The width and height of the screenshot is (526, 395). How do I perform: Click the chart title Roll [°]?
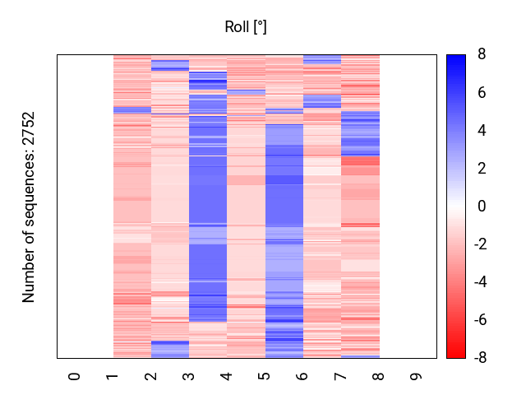[246, 27]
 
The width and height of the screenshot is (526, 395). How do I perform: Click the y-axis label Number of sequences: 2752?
[30, 207]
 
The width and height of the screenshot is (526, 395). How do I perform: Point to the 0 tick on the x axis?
[75, 376]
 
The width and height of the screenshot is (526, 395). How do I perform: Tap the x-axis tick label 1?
[113, 376]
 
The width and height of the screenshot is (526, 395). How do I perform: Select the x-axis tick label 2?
[151, 376]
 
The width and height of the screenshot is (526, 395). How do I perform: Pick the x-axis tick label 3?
[189, 376]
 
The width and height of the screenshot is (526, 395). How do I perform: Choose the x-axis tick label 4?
[227, 376]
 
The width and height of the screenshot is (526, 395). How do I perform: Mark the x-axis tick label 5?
[265, 376]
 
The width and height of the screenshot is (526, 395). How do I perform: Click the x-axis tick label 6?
[302, 376]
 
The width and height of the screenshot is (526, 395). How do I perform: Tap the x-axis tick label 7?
[340, 376]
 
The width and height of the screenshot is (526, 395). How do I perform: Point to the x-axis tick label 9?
[417, 376]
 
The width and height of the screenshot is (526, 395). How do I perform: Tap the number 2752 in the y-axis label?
[30, 130]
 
